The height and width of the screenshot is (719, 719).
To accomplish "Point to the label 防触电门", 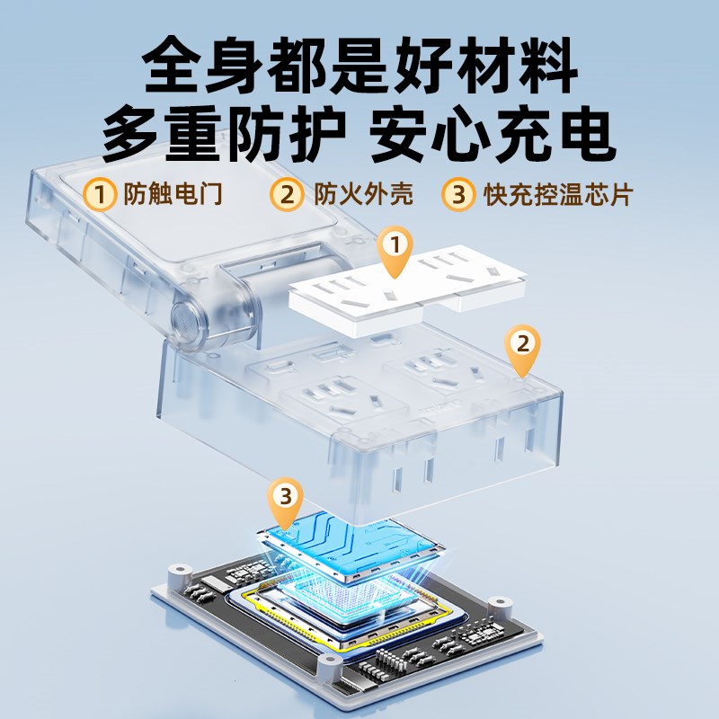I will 173,194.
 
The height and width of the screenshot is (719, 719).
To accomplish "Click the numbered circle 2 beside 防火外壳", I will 288,194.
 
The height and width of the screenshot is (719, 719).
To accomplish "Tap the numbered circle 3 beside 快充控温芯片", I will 457,194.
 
